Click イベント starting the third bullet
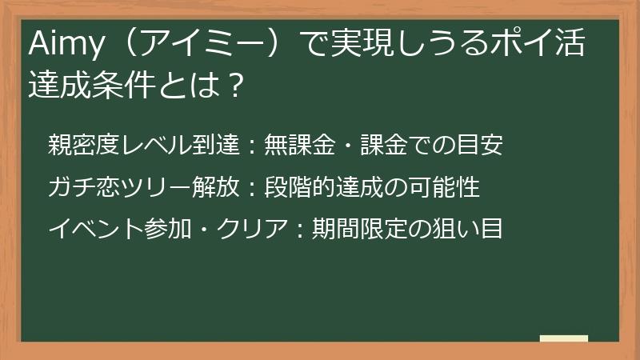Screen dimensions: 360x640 point(97,229)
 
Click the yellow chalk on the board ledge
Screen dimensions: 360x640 point(563,338)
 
